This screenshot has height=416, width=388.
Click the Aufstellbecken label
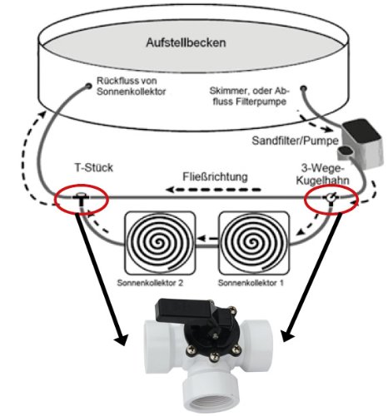point(186,43)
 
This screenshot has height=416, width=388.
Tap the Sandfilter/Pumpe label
point(295,141)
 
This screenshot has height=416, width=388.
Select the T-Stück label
point(94,168)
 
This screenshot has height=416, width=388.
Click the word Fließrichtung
point(215,176)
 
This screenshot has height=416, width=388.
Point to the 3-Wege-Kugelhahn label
point(323,174)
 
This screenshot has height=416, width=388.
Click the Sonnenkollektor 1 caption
point(251,283)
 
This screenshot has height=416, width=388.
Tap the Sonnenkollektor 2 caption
point(150,283)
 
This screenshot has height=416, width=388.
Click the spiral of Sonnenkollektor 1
point(253,242)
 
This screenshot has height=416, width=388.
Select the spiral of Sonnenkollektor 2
point(159,242)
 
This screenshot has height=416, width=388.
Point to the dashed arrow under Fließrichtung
point(214,190)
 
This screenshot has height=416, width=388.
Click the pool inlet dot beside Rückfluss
point(89,86)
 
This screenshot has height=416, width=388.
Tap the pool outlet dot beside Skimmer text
point(303,88)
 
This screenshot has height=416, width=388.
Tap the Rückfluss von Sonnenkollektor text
point(131,86)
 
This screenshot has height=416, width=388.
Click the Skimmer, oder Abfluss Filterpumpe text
point(250,96)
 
